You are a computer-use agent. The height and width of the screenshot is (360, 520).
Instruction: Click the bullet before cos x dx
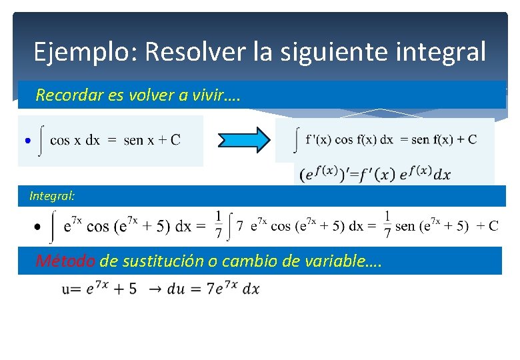[26, 141]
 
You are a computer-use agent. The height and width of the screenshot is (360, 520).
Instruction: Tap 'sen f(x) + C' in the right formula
[444, 139]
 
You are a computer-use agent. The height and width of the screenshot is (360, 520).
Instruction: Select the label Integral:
[52, 196]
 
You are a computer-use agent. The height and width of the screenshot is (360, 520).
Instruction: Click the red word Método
[65, 261]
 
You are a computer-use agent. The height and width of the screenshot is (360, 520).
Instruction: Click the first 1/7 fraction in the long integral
[217, 225]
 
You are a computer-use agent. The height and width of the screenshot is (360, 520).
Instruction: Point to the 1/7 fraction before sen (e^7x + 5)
[387, 225]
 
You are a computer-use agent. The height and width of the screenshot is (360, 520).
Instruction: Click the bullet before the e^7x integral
[37, 227]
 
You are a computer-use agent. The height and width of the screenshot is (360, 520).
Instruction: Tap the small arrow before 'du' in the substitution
[153, 289]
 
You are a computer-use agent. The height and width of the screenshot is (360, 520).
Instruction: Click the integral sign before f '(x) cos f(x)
[295, 140]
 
